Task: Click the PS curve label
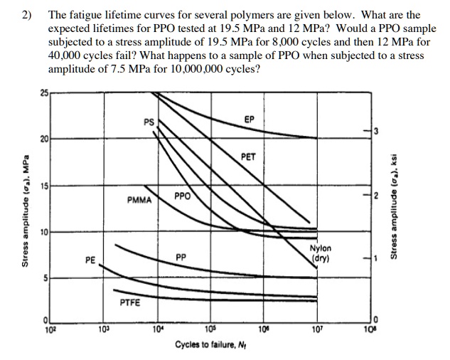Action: [149, 121]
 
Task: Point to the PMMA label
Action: [139, 200]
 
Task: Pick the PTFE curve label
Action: [130, 302]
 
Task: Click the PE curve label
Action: [90, 261]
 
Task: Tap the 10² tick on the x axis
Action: [50, 329]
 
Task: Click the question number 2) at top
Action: [27, 14]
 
